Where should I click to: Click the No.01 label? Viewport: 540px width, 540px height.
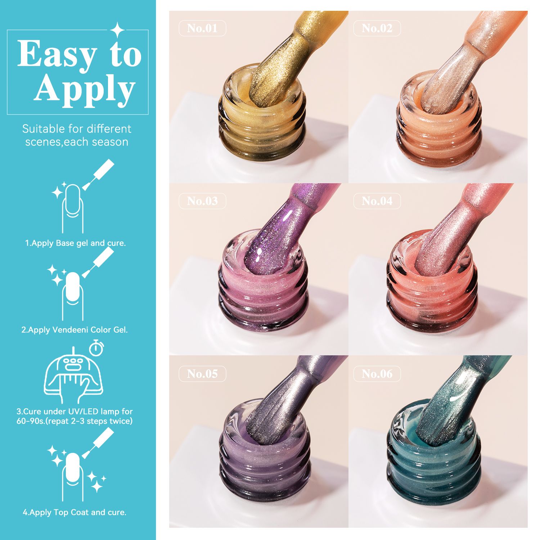(202, 28)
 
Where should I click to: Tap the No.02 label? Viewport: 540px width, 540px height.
(377, 28)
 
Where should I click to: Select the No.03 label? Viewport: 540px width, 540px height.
(202, 201)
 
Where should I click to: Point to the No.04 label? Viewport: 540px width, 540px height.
(377, 201)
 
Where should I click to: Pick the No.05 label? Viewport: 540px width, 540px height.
(202, 374)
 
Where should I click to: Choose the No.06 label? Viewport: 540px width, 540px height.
(377, 374)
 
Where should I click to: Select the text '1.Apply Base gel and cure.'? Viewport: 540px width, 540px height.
(76, 243)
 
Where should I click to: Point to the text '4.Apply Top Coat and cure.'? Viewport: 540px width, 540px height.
(75, 512)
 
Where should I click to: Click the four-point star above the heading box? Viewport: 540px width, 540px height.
(117, 30)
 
